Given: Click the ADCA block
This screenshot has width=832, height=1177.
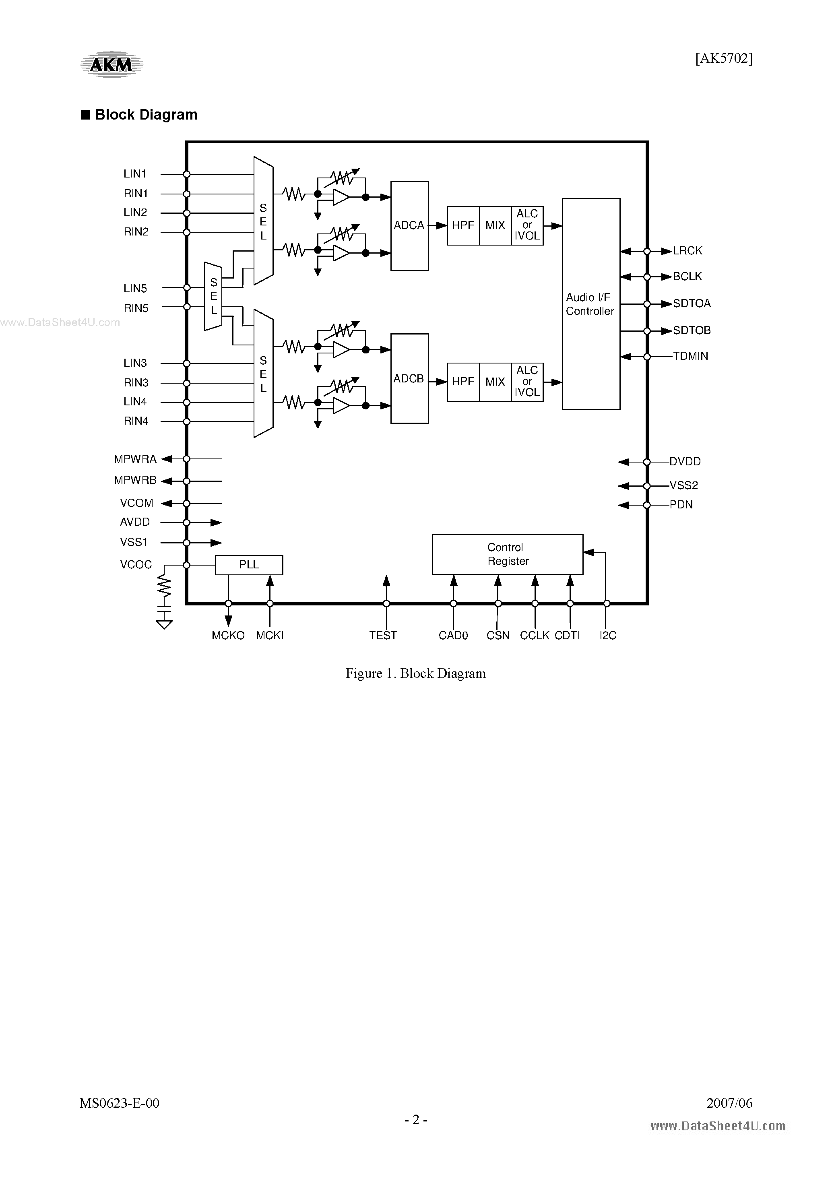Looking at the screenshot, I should tap(409, 225).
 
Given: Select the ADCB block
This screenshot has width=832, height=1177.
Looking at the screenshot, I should tap(409, 378).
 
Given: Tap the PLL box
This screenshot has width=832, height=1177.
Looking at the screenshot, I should tap(249, 564).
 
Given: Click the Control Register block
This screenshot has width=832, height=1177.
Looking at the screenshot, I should tap(507, 554).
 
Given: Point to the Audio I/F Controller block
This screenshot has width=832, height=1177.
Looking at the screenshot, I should tap(590, 304).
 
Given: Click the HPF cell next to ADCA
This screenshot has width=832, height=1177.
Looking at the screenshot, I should tap(463, 225).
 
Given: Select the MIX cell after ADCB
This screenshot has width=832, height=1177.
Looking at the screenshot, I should tap(495, 382).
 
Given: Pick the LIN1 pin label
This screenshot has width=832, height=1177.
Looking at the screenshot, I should tap(135, 174).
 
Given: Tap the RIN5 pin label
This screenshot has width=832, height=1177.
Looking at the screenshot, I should tap(136, 308).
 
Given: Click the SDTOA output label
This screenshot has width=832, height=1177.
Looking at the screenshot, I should tap(692, 304).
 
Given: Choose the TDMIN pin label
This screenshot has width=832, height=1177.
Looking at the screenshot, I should tap(690, 356).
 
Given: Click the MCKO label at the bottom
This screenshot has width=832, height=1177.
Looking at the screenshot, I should tap(228, 635).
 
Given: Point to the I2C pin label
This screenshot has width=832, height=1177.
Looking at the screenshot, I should tap(607, 635).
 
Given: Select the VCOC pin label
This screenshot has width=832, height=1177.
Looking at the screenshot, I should tap(136, 564).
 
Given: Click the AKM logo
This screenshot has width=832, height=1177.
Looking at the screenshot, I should tap(111, 64).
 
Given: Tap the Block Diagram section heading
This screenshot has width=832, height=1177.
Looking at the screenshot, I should tap(146, 115).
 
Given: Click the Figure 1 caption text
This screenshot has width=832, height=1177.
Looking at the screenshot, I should tap(415, 673).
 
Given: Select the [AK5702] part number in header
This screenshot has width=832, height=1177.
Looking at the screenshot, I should tap(723, 58).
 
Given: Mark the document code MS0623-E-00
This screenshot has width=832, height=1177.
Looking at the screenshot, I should tap(119, 1103).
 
